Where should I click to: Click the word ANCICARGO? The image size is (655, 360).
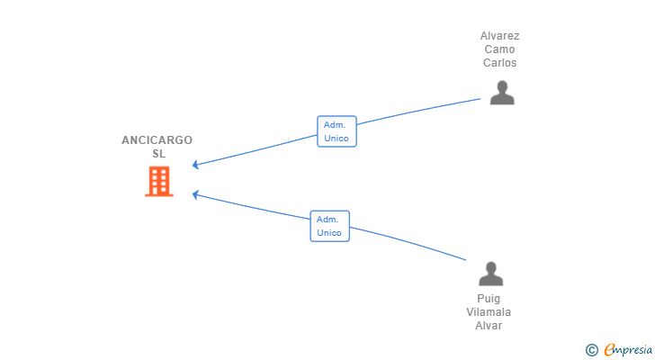pyautogui.click(x=157, y=140)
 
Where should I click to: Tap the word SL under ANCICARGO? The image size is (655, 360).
pyautogui.click(x=159, y=154)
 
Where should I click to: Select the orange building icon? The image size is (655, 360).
pyautogui.click(x=159, y=181)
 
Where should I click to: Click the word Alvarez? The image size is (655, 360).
pyautogui.click(x=499, y=36)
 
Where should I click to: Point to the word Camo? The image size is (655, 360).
pyautogui.click(x=499, y=49)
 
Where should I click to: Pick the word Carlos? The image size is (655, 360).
pyautogui.click(x=499, y=63)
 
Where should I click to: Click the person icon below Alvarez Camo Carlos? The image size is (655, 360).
pyautogui.click(x=501, y=93)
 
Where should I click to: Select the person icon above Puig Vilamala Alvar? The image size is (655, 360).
pyautogui.click(x=490, y=274)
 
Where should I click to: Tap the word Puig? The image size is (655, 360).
pyautogui.click(x=489, y=299)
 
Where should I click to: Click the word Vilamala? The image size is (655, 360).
pyautogui.click(x=489, y=312)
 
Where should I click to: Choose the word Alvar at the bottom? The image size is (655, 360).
pyautogui.click(x=489, y=326)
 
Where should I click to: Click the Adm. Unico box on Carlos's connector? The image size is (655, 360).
pyautogui.click(x=336, y=131)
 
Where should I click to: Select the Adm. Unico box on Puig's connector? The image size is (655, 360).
pyautogui.click(x=329, y=226)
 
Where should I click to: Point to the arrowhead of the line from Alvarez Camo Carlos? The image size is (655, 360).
pyautogui.click(x=196, y=165)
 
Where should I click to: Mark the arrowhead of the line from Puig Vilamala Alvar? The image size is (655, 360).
pyautogui.click(x=196, y=194)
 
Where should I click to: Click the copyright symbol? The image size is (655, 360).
pyautogui.click(x=591, y=350)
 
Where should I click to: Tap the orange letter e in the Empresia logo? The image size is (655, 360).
pyautogui.click(x=609, y=350)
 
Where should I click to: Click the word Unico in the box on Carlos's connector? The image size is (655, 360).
pyautogui.click(x=336, y=139)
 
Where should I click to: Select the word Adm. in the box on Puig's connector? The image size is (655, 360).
pyautogui.click(x=327, y=219)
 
